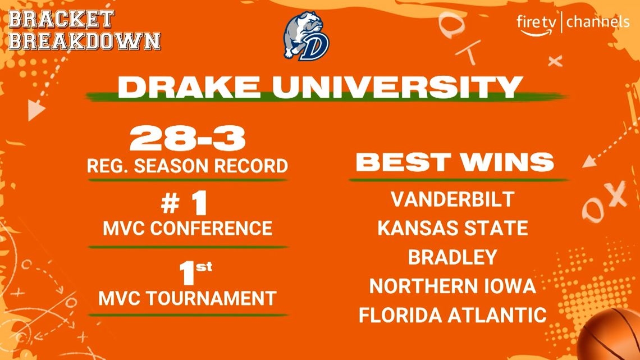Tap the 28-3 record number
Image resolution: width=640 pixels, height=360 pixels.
click(188, 139)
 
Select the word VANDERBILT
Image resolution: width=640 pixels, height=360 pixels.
click(452, 199)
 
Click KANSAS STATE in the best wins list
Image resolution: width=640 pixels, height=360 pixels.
click(452, 229)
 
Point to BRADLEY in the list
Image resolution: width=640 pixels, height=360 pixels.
click(452, 257)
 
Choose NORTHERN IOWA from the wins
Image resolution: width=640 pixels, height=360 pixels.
click(452, 286)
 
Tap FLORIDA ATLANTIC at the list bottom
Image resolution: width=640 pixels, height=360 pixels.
click(452, 315)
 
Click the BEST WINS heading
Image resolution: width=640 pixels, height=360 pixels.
click(455, 162)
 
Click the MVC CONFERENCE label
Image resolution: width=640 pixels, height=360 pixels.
click(188, 229)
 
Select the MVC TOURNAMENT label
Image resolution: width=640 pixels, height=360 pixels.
click(188, 298)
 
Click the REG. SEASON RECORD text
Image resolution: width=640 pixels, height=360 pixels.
click(188, 166)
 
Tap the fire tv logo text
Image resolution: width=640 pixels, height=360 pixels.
click(535, 22)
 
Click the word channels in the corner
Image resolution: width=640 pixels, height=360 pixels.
click(597, 22)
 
